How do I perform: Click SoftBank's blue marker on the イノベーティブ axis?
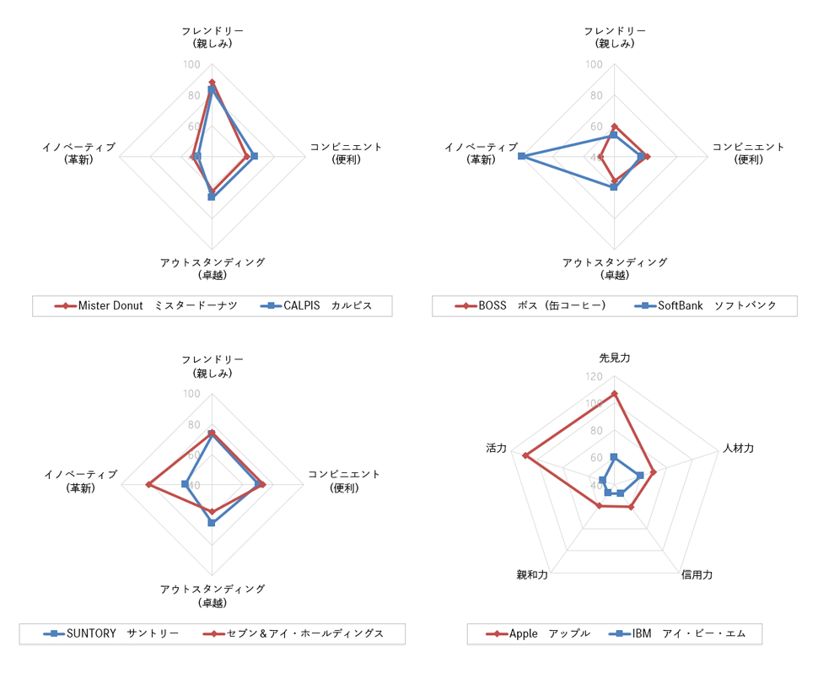coord(522,156)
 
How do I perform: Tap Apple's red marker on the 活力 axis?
coord(525,455)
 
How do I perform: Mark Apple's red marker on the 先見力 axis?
coord(614,394)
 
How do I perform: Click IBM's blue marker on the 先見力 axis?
coord(614,457)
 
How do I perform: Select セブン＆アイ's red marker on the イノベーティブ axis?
coord(148,484)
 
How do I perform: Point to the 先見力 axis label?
coord(614,358)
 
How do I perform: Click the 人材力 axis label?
coord(738,449)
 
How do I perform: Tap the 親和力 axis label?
coord(532,575)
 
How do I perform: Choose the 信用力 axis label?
coord(697,575)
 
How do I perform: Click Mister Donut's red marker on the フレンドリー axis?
coord(212,83)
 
